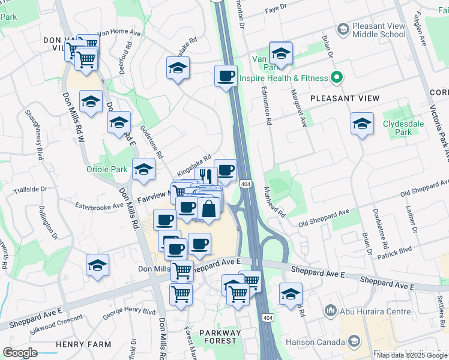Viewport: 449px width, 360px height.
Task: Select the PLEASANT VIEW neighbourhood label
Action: tap(345, 98)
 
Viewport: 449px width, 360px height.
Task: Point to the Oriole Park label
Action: tap(107, 170)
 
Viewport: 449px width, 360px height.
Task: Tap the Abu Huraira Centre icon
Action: tap(330, 311)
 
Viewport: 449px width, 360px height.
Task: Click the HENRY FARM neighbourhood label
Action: tap(83, 344)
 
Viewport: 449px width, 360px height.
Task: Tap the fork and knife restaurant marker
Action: tap(205, 175)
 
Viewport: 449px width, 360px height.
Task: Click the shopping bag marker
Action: tap(208, 209)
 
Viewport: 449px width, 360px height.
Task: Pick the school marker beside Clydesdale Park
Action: tap(362, 124)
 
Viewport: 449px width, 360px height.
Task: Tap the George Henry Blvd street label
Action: tap(128, 313)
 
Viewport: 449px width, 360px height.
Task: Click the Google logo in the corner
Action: tap(20, 353)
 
